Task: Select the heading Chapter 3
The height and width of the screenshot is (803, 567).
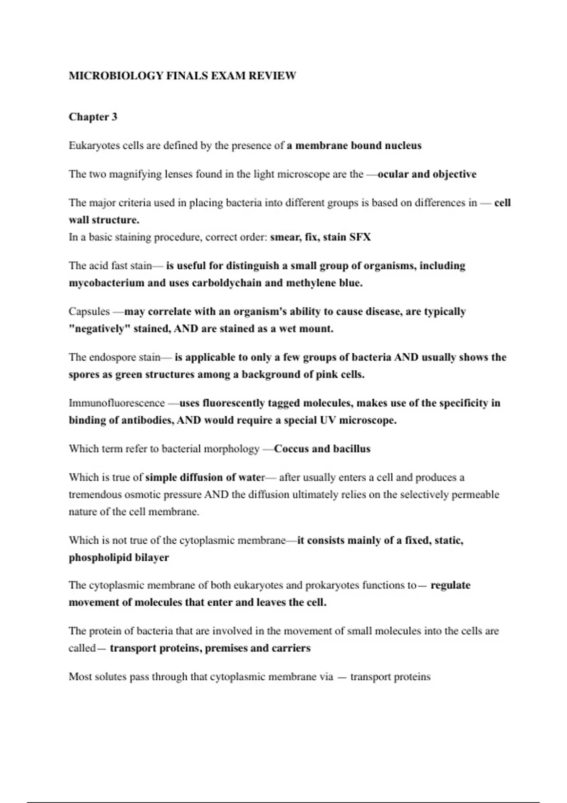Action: (93, 117)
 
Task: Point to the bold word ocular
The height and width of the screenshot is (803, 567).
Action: (393, 174)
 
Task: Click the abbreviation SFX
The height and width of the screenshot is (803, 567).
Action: (360, 237)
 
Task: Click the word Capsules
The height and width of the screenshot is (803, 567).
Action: (89, 312)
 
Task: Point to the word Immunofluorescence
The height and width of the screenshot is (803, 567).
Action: (117, 403)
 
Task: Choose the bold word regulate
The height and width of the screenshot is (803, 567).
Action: (450, 585)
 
